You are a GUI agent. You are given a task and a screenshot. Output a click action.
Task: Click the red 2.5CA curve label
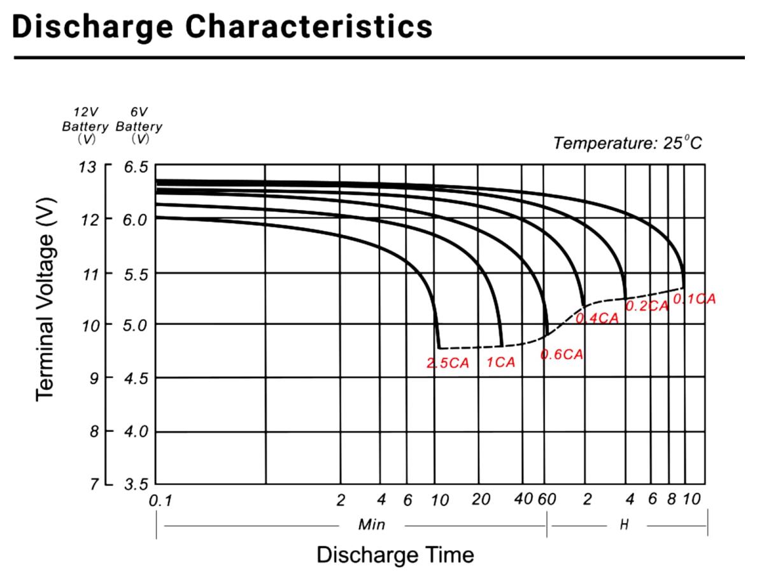coord(448,364)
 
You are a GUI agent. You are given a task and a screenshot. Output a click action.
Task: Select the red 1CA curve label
coord(500,363)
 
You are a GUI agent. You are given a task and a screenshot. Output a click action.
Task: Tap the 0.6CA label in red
coord(562,355)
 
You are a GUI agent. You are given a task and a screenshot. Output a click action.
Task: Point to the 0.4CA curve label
coord(597,318)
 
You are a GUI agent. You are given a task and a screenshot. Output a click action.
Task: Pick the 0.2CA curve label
coord(647,306)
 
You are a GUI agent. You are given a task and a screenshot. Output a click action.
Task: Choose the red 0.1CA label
coord(695,299)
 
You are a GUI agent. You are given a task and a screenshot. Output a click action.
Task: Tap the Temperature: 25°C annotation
coord(627,143)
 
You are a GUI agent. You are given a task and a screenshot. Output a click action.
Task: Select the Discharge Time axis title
coord(395,555)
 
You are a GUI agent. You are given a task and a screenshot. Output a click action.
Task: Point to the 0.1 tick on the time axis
coord(160,501)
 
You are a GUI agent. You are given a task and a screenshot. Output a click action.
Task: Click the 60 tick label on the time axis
coord(546,500)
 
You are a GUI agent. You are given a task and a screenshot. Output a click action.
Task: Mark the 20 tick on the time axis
coord(481,500)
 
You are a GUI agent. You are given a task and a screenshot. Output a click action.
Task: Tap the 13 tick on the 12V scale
coord(87,167)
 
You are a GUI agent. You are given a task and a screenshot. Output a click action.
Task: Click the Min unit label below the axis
coord(371,525)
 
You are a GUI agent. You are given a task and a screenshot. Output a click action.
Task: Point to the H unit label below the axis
coord(625,525)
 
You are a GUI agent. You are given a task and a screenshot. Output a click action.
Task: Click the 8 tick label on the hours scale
coord(671,500)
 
